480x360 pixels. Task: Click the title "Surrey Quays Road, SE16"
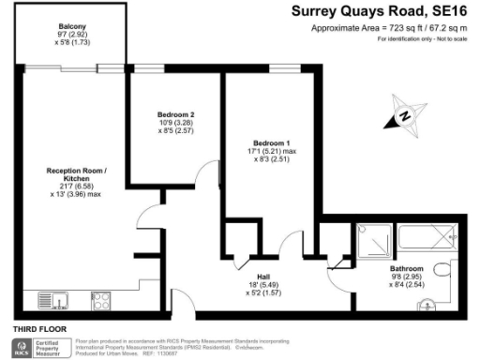pos(388,12)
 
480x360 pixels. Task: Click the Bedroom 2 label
pos(175,115)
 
